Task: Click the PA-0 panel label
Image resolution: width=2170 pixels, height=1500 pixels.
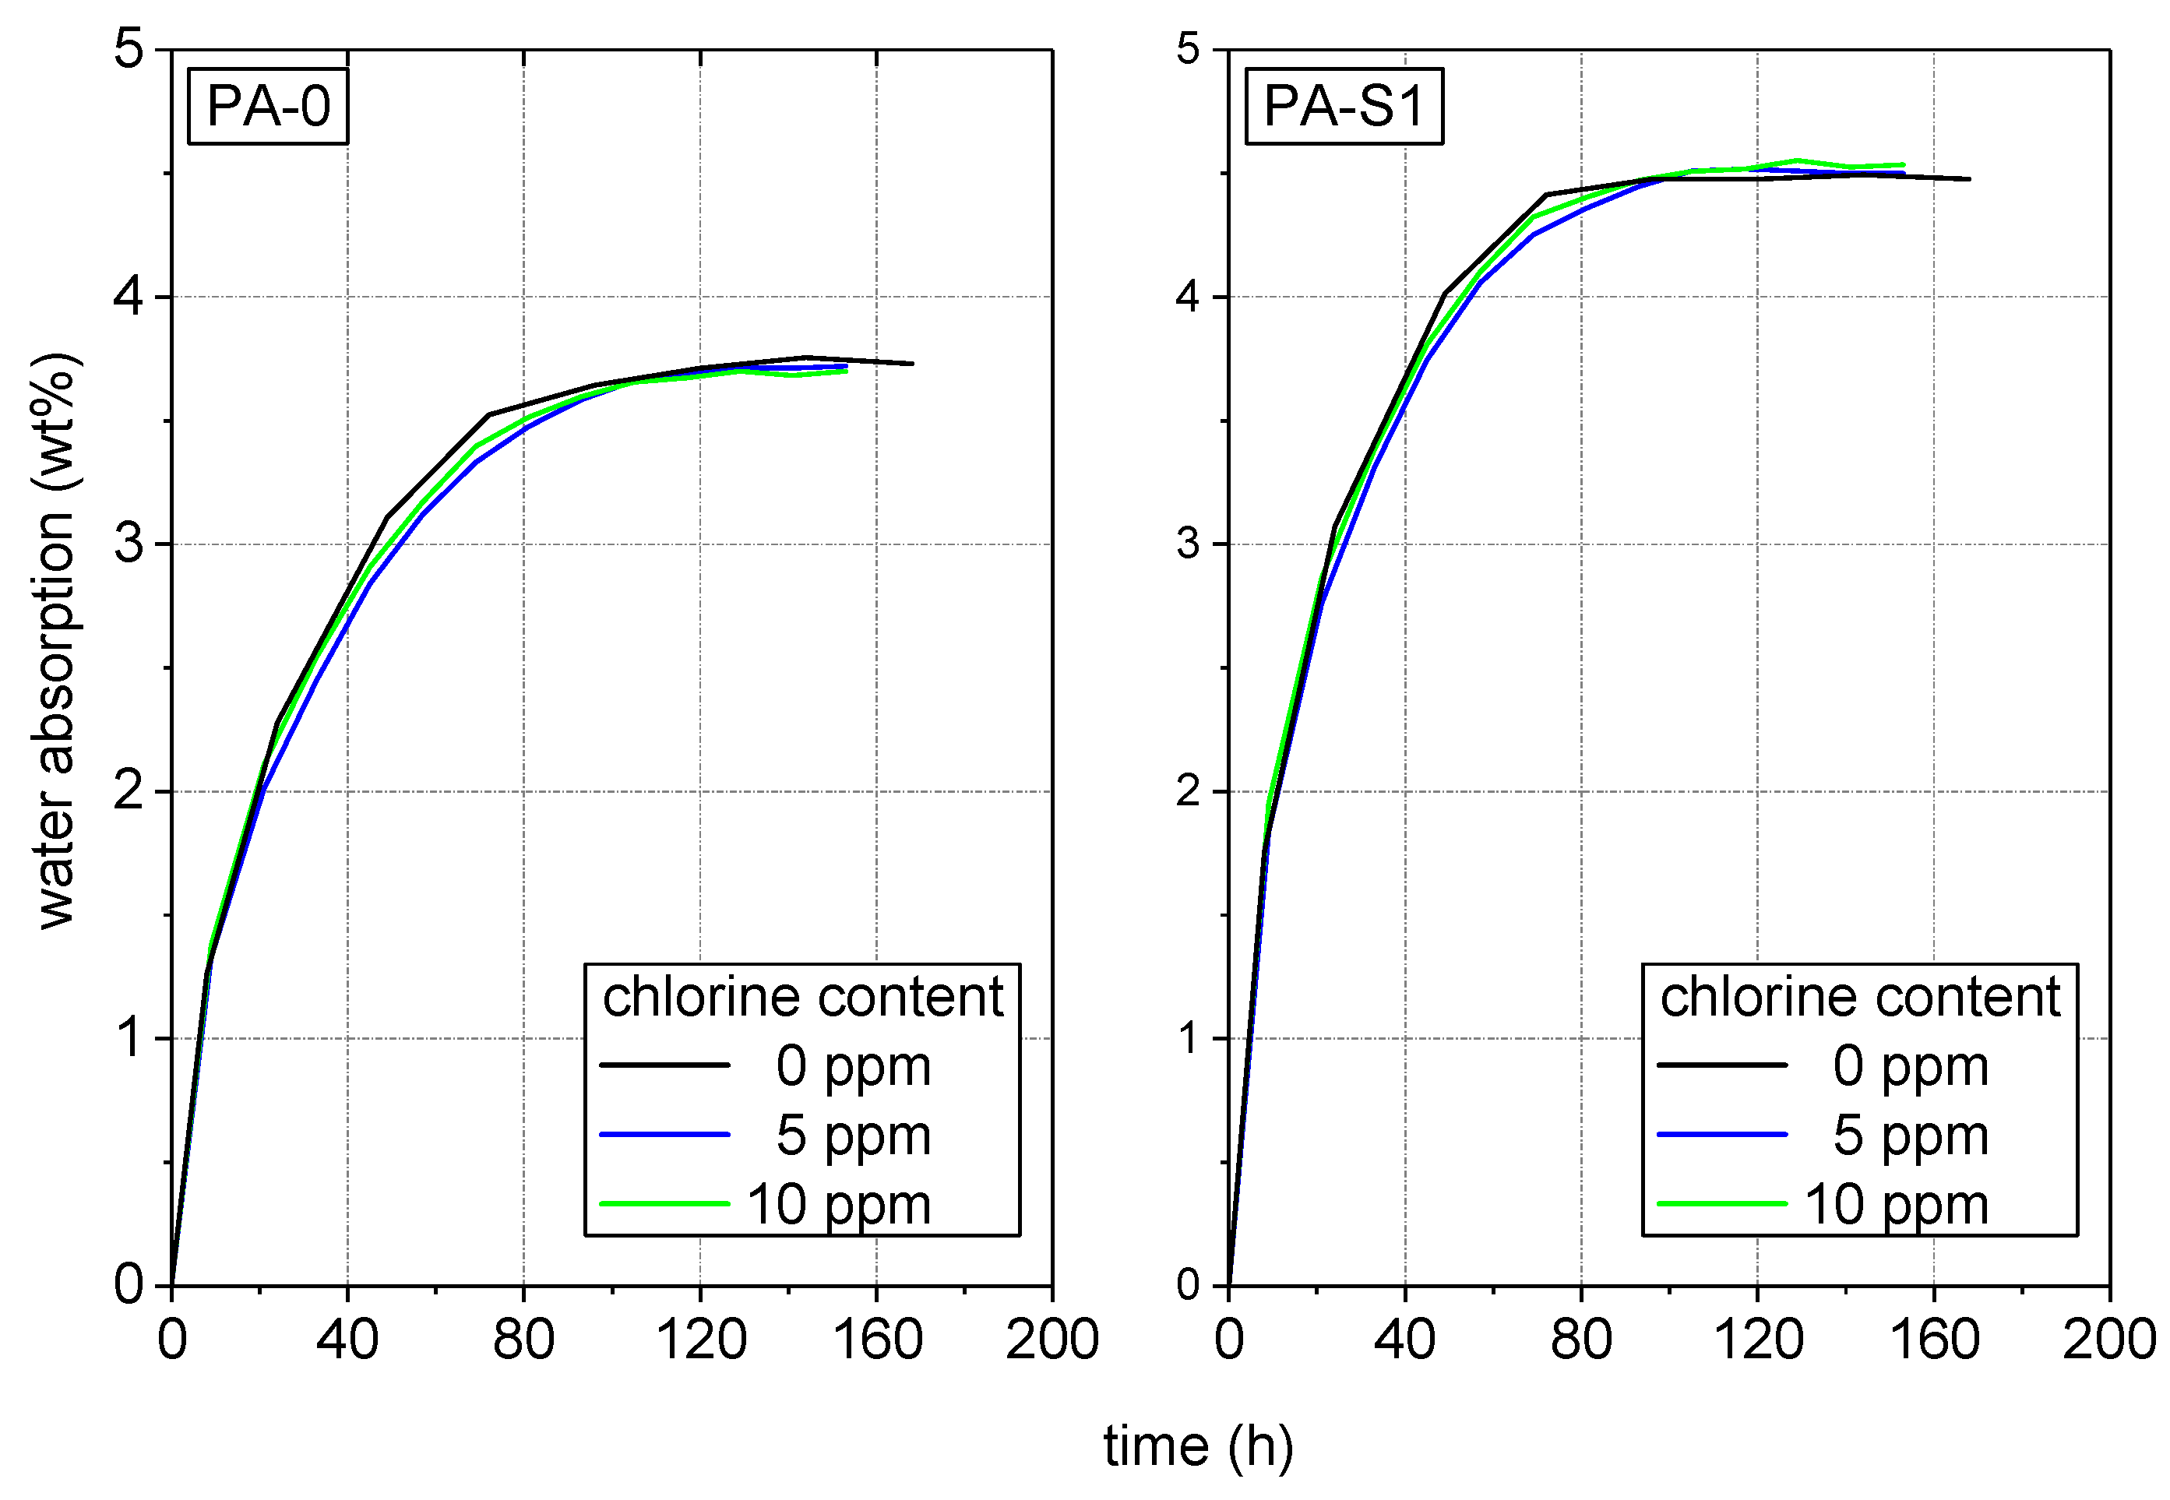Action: point(268,106)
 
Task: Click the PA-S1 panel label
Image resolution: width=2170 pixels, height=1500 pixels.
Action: point(1344,106)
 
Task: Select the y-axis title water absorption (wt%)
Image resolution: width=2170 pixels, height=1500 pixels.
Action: point(55,641)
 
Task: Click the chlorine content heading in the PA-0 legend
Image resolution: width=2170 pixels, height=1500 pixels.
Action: point(802,996)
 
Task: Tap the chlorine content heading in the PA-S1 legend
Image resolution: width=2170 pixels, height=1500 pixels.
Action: point(1860,996)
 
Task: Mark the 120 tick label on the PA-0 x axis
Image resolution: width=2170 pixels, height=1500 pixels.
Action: point(700,1340)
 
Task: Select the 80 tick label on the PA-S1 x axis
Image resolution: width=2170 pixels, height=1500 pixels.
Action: point(1580,1340)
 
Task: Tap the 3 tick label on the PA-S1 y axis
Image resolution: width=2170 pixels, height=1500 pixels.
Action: point(1188,544)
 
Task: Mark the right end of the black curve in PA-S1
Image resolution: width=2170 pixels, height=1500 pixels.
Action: point(1969,178)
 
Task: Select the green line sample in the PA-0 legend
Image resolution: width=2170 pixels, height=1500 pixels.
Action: point(664,1204)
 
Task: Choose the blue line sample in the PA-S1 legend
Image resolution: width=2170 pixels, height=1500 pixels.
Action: point(1721,1135)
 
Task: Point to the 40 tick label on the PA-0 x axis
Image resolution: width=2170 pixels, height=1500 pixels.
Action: point(347,1340)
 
